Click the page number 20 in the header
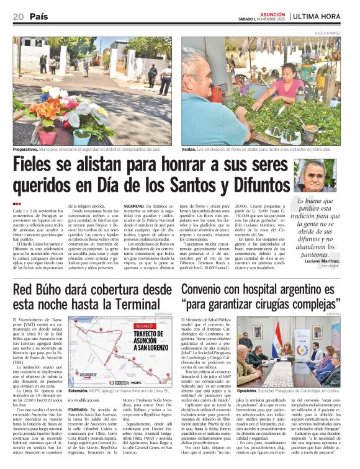(x=18, y=17)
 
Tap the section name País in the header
(x=39, y=17)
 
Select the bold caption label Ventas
(x=190, y=150)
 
